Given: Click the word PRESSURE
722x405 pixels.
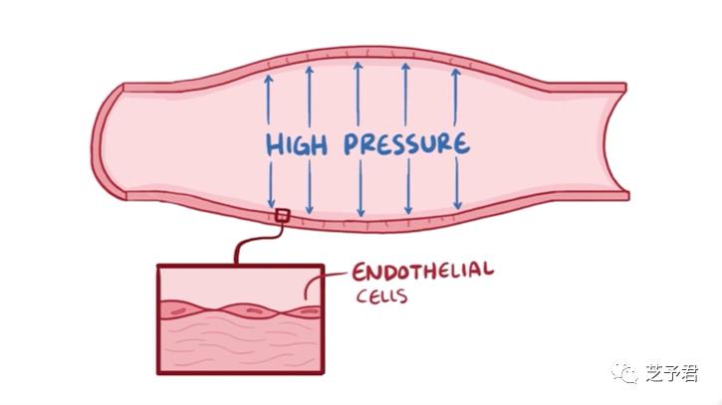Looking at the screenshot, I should click(405, 143).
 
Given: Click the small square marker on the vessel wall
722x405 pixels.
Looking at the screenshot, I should click(282, 216).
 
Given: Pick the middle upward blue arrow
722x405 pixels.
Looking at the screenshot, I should click(358, 95).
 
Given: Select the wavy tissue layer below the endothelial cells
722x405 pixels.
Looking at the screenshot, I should click(239, 343).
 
